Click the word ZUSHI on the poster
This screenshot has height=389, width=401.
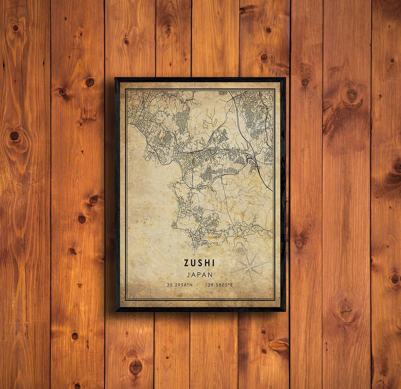click(x=199, y=263)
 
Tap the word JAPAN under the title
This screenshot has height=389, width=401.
click(x=200, y=275)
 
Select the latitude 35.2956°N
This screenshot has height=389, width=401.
click(x=180, y=285)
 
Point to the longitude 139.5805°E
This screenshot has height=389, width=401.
click(x=219, y=285)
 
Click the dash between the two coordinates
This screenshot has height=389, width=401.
click(x=199, y=285)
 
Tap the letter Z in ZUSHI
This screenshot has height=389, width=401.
click(x=186, y=263)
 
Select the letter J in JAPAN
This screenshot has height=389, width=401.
click(x=189, y=275)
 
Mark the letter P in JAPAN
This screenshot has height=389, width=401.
click(x=200, y=275)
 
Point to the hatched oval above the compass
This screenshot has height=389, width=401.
click(x=240, y=249)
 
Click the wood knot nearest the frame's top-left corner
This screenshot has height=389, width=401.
click(x=90, y=82)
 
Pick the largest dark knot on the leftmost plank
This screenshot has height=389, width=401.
click(x=14, y=136)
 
